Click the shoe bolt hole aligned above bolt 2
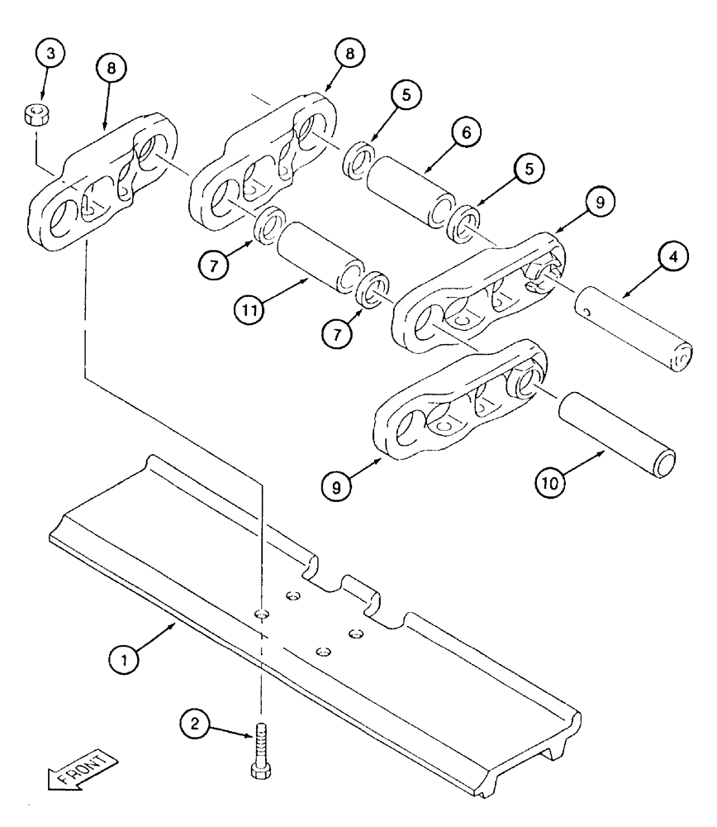[x=261, y=613]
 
